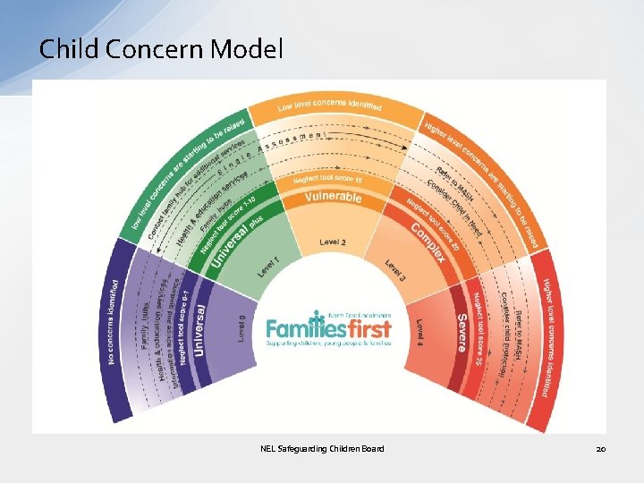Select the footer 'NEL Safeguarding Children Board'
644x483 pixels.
pos(322,448)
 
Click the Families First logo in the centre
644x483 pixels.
pos(328,328)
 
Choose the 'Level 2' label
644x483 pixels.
pos(332,242)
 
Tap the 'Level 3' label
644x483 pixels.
pos(395,270)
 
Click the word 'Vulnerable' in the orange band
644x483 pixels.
pos(333,197)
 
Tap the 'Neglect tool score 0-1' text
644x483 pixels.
pos(182,326)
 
